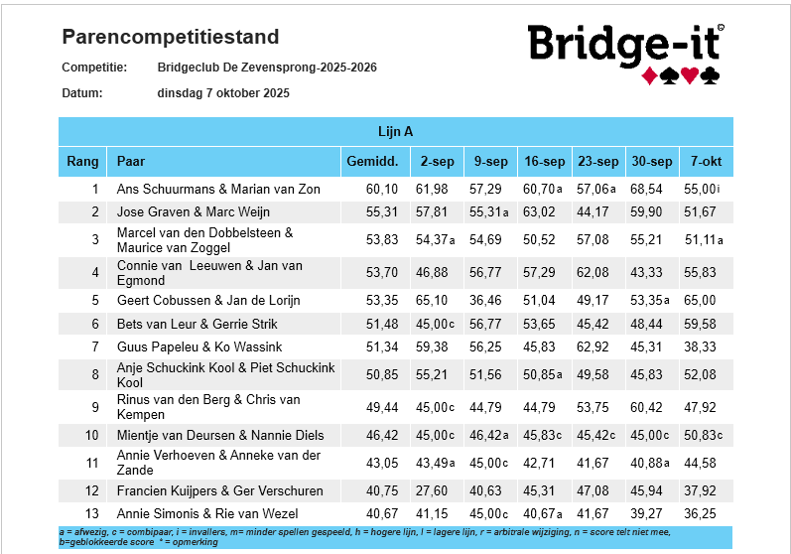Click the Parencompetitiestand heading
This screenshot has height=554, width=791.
(171, 37)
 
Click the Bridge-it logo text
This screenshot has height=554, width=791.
(625, 45)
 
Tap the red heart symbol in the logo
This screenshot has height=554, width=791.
(689, 75)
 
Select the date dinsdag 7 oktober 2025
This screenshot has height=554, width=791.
(223, 93)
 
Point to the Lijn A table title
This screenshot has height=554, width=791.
(395, 132)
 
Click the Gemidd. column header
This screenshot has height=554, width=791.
(372, 162)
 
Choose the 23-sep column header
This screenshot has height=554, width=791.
(598, 162)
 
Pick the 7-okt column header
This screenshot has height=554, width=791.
(707, 162)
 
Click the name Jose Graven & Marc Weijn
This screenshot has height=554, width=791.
(194, 211)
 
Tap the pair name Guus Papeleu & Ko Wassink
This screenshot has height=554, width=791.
(199, 347)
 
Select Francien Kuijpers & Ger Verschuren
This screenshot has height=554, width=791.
(220, 490)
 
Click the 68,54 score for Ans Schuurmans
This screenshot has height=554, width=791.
(646, 190)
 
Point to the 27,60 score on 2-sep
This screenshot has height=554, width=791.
(432, 490)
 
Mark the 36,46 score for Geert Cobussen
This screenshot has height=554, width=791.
(485, 301)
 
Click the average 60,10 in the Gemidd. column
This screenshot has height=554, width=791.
(382, 190)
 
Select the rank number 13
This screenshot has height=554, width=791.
(92, 513)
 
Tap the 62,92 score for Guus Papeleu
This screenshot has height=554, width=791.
(593, 347)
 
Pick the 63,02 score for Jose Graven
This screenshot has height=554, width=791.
(539, 211)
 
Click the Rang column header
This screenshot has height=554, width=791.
(82, 162)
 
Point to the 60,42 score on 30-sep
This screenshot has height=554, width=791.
(646, 408)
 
